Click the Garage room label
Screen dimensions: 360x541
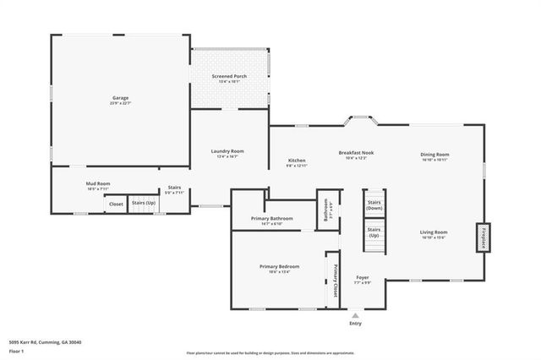click(121, 98)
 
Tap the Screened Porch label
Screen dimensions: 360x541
click(229, 77)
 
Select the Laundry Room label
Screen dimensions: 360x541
click(227, 151)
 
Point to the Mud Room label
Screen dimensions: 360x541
click(98, 183)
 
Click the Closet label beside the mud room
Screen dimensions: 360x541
click(116, 204)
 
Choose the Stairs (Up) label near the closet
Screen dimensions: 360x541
click(144, 204)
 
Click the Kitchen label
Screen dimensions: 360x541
click(297, 161)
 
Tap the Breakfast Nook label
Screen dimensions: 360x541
click(356, 153)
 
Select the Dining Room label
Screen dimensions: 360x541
click(435, 155)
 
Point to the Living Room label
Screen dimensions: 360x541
click(435, 232)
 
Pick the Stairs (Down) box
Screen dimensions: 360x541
click(374, 205)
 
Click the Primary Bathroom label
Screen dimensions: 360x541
click(271, 219)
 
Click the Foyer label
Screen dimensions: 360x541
click(362, 277)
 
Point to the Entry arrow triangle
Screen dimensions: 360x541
click(355, 315)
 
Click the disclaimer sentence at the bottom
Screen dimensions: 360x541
click(270, 352)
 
